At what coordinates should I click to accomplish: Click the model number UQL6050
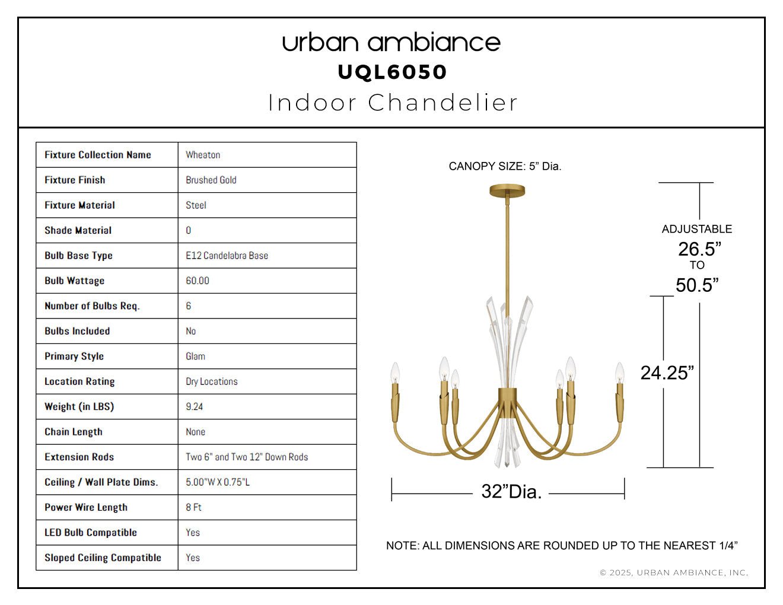pos(392,72)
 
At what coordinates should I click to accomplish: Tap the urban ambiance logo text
pos(391,43)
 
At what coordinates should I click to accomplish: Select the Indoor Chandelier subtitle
pos(393,103)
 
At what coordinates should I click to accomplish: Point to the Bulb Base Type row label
pos(78,256)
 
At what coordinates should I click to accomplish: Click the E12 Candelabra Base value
pos(227,256)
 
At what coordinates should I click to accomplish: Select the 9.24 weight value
pos(194,406)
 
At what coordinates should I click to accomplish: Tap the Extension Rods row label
pos(79,457)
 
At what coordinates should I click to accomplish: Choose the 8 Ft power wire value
pos(193,507)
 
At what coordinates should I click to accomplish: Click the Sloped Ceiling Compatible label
pos(103,558)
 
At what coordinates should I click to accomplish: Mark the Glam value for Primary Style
pos(195,356)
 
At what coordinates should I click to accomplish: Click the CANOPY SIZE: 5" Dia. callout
pos(505,166)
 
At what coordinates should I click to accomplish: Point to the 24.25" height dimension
pos(667,372)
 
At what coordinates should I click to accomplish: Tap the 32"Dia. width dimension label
pos(511,492)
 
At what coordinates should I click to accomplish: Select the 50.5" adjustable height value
pos(697,285)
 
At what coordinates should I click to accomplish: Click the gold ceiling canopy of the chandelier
pos(507,190)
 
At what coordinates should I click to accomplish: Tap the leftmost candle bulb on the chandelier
pos(395,373)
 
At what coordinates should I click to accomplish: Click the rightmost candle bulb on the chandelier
pos(619,373)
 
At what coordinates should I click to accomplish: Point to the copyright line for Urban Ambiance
pos(674,572)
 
